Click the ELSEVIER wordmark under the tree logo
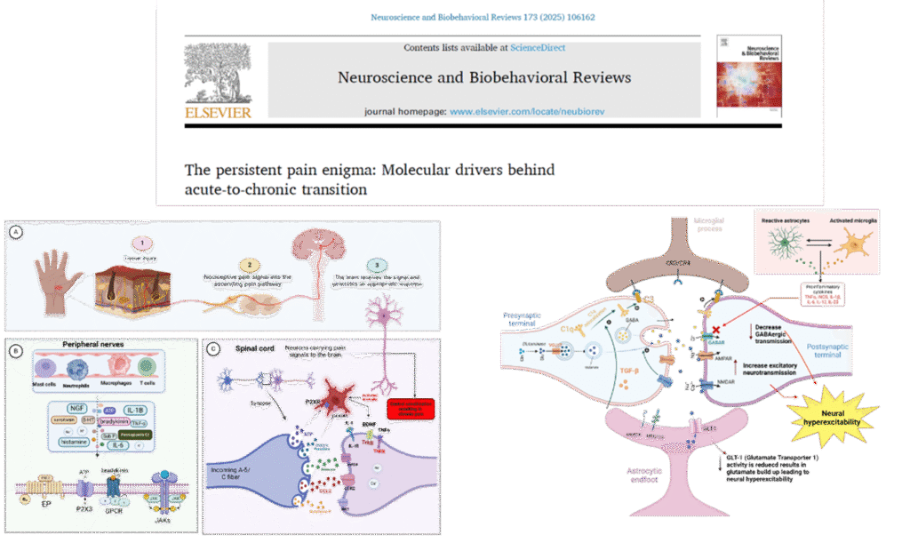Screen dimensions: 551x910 coord(218,112)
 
